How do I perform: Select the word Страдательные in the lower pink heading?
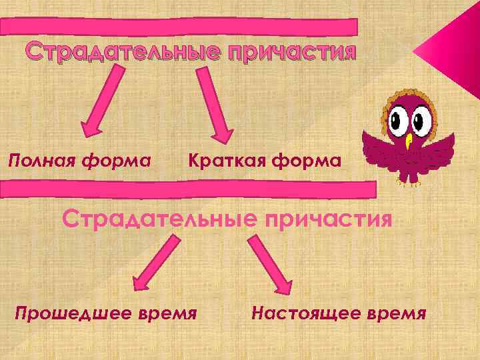(158, 218)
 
